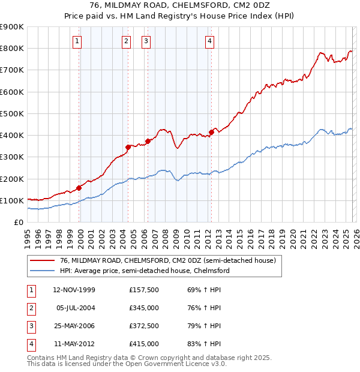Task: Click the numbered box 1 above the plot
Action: pos(78,41)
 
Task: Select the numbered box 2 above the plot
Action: pos(127,41)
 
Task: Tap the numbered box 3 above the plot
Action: pos(146,41)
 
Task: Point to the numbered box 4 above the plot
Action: pos(209,41)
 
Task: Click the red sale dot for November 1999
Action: pos(79,188)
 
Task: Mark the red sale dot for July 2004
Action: pos(128,147)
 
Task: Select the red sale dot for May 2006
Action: pos(148,141)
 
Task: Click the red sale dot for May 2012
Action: pos(211,132)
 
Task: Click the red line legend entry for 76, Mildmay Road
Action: pos(167,260)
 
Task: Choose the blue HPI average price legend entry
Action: pos(145,271)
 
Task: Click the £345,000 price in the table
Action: pos(144,309)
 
